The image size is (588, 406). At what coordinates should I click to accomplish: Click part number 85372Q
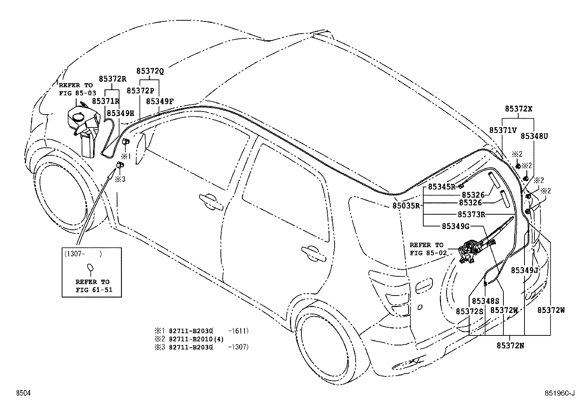[x=150, y=71]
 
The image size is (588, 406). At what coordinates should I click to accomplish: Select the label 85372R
[x=112, y=79]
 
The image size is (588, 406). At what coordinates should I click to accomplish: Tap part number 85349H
[x=120, y=113]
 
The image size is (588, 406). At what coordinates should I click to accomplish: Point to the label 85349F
[x=160, y=101]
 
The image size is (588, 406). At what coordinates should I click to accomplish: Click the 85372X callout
[x=519, y=109]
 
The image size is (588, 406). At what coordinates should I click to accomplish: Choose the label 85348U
[x=534, y=136]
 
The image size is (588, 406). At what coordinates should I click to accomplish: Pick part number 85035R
[x=406, y=206]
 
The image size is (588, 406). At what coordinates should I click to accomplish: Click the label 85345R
[x=442, y=187]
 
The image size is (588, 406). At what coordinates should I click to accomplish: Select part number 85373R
[x=471, y=215]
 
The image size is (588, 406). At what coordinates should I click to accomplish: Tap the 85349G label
[x=455, y=226]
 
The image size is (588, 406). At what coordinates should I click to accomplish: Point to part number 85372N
[x=510, y=346]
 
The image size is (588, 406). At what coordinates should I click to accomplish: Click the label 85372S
[x=469, y=311]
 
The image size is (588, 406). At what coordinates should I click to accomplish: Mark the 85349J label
[x=524, y=270]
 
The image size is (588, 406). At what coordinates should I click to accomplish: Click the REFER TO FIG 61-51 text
[x=94, y=286]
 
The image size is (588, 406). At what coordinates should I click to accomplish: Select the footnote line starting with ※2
[x=189, y=339]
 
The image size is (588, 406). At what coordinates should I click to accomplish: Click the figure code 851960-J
[x=560, y=393]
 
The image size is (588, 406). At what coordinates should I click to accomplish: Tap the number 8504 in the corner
[x=23, y=393]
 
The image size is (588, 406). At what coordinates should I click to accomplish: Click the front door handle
[x=211, y=201]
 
